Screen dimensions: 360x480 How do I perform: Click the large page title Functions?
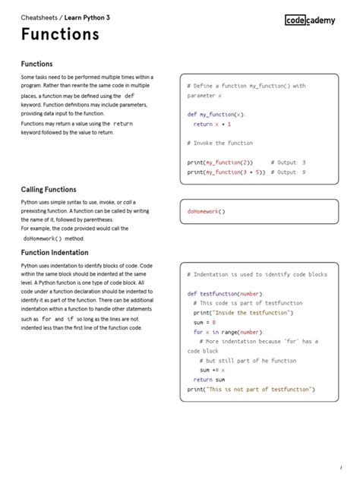coord(60,35)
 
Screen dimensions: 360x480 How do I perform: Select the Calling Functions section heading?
coord(49,189)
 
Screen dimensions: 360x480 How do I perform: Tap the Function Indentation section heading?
coord(55,252)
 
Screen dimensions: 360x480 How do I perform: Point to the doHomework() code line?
coord(207,211)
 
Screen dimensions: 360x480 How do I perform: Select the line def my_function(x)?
coord(216,115)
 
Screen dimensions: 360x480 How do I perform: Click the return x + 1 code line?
coord(213,124)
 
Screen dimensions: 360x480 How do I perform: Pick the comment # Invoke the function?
coord(219,143)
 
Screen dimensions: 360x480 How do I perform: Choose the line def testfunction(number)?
coord(226,293)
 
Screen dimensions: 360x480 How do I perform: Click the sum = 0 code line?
coord(204,322)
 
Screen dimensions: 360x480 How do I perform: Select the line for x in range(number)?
coord(228,332)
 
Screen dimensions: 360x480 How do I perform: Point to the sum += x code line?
coord(213,370)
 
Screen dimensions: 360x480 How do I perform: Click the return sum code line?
coord(209,379)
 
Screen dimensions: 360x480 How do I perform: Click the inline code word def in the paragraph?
coord(129,96)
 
